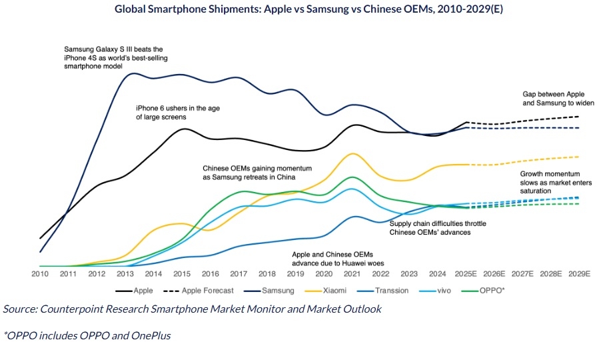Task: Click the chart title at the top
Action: pos(306,9)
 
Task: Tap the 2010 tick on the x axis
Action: pos(39,274)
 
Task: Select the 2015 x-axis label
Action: pos(182,274)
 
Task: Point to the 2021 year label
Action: pos(353,274)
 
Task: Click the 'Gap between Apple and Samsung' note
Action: pos(558,99)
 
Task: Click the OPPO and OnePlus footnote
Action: pos(87,335)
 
